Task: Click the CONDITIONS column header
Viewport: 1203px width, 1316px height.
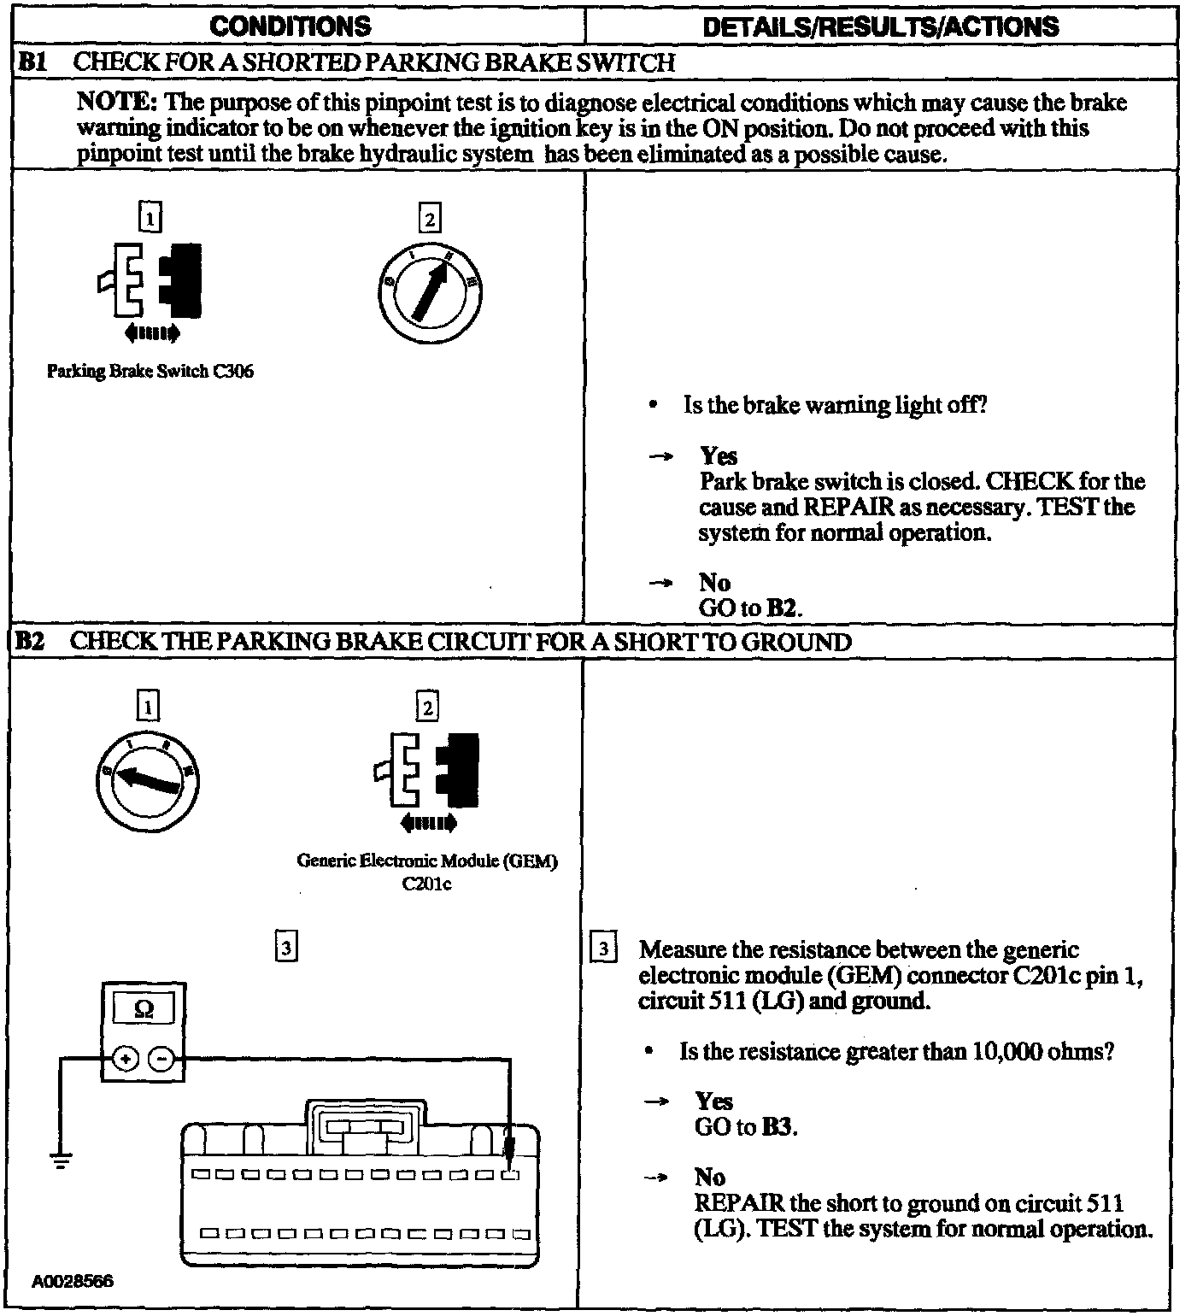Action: pos(290,26)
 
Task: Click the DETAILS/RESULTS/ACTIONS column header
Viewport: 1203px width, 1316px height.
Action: pos(880,26)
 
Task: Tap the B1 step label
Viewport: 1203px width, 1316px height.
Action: pos(32,62)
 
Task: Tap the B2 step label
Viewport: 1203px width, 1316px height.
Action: pos(31,642)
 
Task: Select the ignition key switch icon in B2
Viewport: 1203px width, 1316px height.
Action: pos(147,779)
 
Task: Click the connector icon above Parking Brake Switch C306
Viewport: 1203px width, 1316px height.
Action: pos(151,282)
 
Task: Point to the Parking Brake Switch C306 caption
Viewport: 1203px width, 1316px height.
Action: pos(150,372)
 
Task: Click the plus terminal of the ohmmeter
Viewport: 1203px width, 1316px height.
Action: pos(126,1060)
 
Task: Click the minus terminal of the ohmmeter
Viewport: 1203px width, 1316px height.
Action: pos(161,1060)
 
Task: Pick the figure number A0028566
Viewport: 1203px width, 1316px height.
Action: pos(73,1282)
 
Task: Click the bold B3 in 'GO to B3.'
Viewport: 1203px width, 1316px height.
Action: pos(778,1127)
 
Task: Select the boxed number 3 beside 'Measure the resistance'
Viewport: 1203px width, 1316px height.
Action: pos(603,949)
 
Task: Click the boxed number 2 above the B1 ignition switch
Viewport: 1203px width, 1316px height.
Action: pos(429,219)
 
